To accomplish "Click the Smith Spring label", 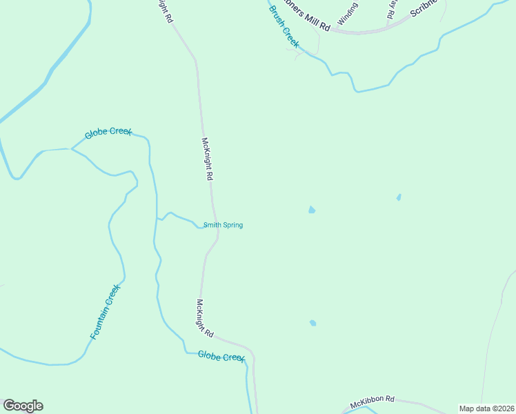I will [x=222, y=225].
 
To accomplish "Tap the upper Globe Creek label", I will [x=108, y=132].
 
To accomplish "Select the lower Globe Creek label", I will [x=221, y=356].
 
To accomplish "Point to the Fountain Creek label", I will [x=105, y=312].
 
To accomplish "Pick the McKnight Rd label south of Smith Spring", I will [x=205, y=317].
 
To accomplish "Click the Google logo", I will [x=23, y=406].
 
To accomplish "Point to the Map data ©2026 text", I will [x=486, y=408].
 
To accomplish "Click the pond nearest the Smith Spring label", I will [x=312, y=210].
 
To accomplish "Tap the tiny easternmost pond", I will [x=399, y=197].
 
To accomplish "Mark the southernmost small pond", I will [x=313, y=322].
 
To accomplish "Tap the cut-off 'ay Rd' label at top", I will [x=393, y=9].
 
